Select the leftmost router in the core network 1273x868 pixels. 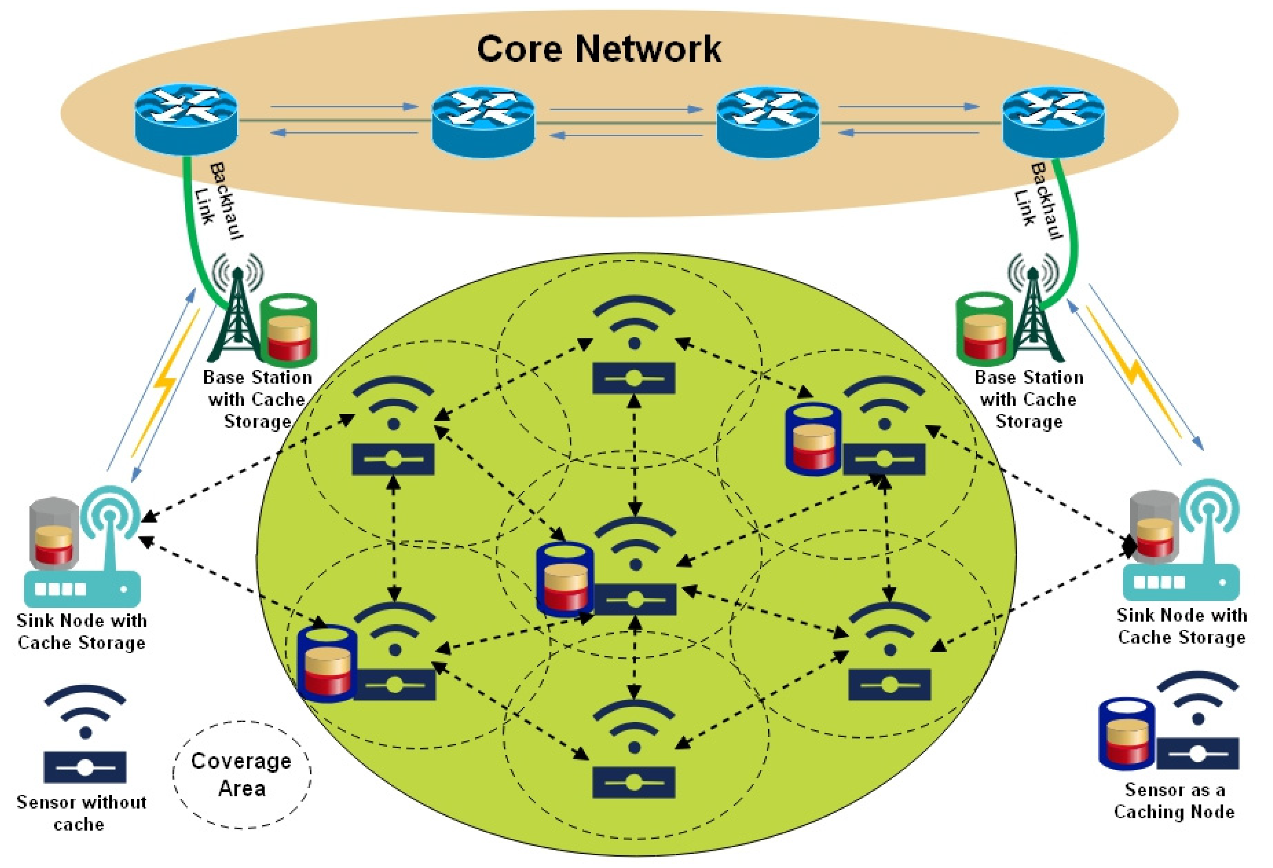186,119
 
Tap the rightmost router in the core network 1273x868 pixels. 1053,122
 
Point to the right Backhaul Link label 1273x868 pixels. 1038,202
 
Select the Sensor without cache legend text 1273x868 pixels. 81,813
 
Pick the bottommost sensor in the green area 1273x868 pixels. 634,750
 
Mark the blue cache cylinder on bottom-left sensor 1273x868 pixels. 327,664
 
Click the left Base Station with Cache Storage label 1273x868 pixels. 257,399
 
